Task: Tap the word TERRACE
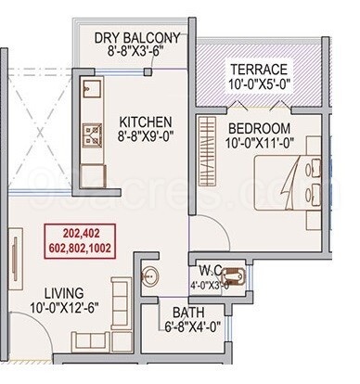[259, 70]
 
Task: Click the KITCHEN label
[144, 121]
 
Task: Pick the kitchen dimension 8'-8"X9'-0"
[145, 136]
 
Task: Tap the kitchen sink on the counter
[92, 91]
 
